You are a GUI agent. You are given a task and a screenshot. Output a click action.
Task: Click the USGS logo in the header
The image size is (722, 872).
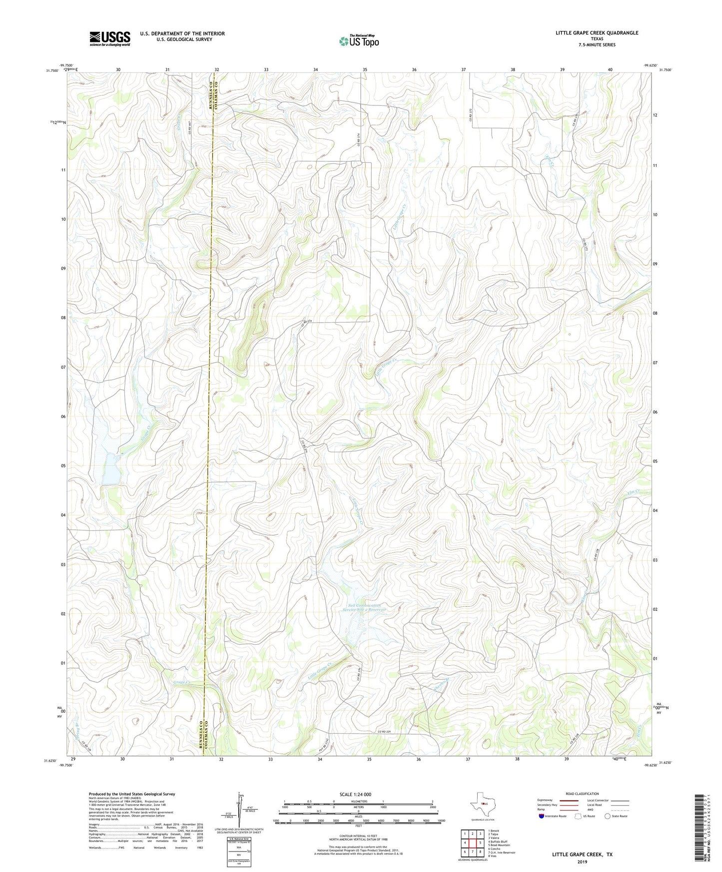tap(110, 38)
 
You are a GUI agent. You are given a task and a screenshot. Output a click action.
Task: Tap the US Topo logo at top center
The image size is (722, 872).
tap(359, 41)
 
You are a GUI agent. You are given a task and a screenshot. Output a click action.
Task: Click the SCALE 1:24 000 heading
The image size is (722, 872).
tap(358, 794)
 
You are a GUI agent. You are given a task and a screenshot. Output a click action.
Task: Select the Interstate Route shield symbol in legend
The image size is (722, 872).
tap(541, 816)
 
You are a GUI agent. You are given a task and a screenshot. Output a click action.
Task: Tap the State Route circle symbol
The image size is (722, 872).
tap(608, 816)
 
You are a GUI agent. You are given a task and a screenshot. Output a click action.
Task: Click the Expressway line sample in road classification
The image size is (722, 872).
tap(569, 801)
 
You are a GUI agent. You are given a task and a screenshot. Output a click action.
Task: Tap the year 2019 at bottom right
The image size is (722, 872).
tap(582, 862)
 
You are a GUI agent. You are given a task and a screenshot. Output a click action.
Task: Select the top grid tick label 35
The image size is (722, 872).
tap(365, 69)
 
